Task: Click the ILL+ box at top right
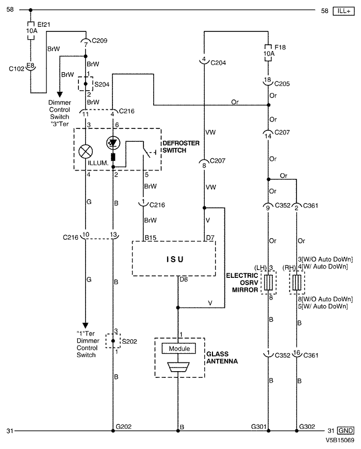click(x=343, y=11)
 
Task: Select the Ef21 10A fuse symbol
click(x=30, y=30)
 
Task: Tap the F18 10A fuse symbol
click(x=268, y=53)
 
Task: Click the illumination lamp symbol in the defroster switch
click(x=86, y=152)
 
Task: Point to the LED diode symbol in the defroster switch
click(x=113, y=143)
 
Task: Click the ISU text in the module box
click(x=175, y=259)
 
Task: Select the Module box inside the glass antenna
click(x=179, y=348)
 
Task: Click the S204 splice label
click(x=102, y=85)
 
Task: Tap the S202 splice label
click(x=129, y=341)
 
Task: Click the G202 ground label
click(x=123, y=427)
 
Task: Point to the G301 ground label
click(x=259, y=427)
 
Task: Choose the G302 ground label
click(x=307, y=427)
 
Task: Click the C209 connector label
click(x=100, y=41)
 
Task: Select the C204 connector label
click(x=218, y=63)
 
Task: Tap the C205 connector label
click(x=282, y=84)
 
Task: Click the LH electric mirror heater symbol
click(x=269, y=282)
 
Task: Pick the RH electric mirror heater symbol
click(x=297, y=282)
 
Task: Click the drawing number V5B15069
click(x=339, y=440)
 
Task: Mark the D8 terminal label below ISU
click(x=184, y=279)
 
